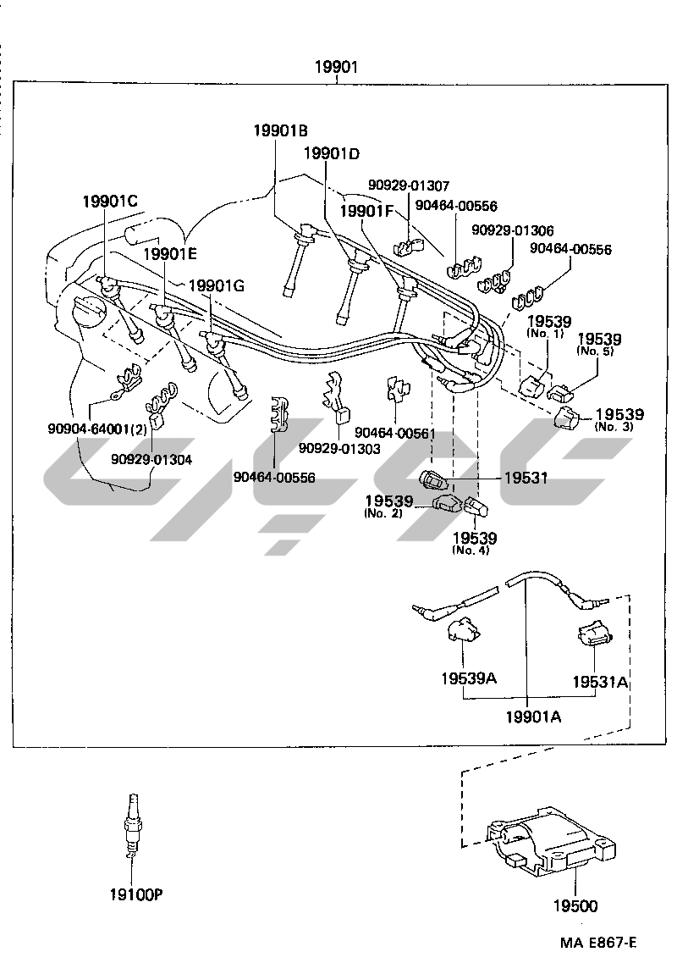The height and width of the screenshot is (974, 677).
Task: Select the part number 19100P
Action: (135, 894)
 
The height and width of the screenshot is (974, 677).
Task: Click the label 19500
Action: (575, 906)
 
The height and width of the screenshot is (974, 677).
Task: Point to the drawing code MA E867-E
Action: (597, 943)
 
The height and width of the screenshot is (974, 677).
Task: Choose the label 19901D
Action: (331, 153)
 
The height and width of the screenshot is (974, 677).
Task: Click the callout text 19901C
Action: (109, 201)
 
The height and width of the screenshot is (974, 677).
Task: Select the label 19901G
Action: (216, 285)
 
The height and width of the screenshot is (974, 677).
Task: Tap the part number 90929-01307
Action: (409, 185)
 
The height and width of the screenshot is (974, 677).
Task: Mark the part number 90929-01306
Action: (513, 230)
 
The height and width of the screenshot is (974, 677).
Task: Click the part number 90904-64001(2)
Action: (97, 429)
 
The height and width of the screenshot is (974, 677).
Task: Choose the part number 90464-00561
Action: (395, 433)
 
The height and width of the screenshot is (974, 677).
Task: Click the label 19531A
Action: (599, 681)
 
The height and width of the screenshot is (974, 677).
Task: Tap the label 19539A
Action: (468, 678)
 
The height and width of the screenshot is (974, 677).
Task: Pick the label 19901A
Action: (534, 717)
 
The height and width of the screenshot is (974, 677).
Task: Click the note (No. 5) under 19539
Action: (596, 351)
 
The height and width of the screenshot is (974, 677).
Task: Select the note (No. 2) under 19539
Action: (383, 514)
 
